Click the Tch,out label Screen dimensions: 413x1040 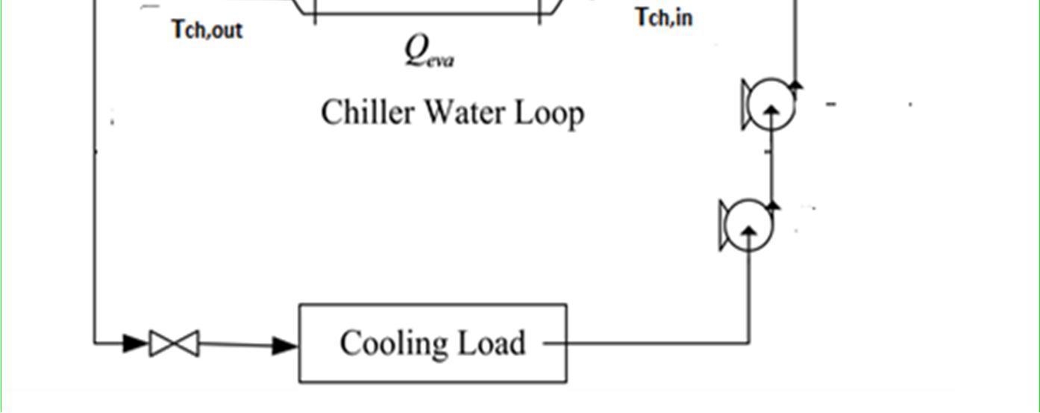point(207,30)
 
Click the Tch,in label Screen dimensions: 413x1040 point(664,16)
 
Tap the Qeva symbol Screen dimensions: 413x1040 point(428,52)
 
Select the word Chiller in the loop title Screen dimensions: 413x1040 point(365,113)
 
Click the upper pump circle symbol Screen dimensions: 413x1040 point(771,105)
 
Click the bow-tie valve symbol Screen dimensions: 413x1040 point(174,344)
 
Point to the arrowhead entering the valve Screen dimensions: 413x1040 point(136,344)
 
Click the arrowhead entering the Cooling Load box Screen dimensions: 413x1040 point(285,345)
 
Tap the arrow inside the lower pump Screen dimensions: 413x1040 point(749,234)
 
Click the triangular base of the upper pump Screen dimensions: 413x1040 point(746,105)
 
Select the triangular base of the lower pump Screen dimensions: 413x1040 point(724,226)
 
